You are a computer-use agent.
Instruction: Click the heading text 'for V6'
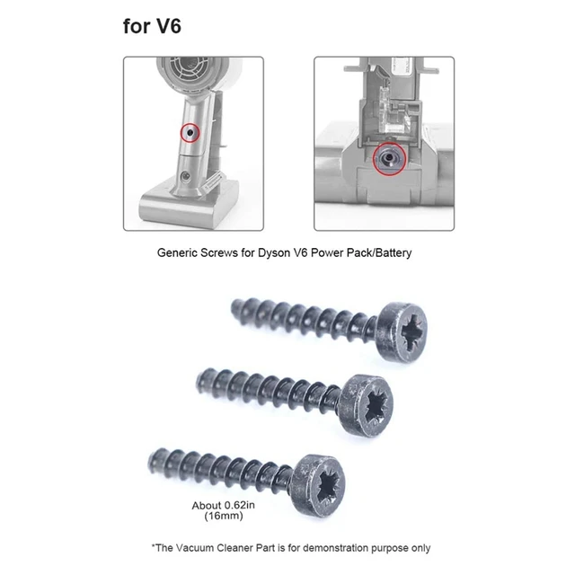click(x=152, y=25)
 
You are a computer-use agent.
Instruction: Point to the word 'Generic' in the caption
click(x=178, y=254)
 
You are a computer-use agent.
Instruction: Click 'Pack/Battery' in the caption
click(x=379, y=254)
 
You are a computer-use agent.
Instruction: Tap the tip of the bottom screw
click(x=154, y=463)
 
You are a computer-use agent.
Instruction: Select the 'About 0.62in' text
click(x=223, y=505)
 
